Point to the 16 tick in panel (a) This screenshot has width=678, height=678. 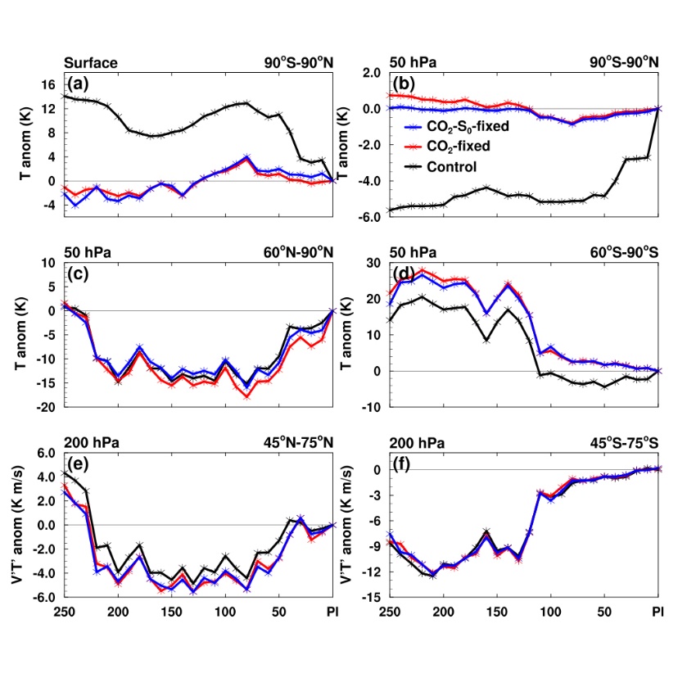click(48, 84)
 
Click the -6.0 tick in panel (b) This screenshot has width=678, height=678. click(370, 217)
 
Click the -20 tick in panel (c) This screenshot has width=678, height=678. click(45, 407)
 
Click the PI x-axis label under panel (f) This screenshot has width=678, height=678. click(657, 612)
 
